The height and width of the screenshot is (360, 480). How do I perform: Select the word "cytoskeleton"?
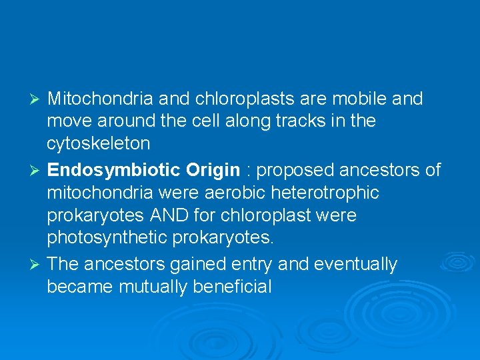point(98,144)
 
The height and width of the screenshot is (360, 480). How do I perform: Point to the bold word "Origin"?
point(213,171)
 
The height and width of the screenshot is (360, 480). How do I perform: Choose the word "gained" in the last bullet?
point(197,265)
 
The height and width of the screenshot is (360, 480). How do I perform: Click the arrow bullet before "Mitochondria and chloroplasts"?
point(37,100)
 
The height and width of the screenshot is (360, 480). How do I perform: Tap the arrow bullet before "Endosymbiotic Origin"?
point(37,171)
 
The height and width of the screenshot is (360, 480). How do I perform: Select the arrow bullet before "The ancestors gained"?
point(37,265)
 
